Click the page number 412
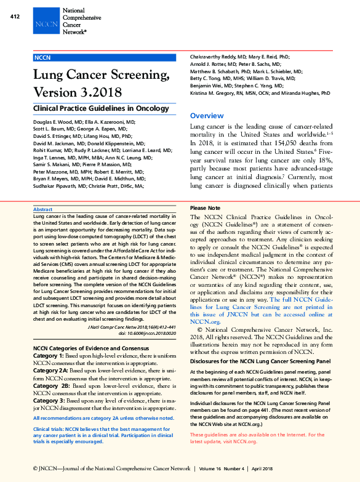click(15, 17)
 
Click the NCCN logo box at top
click(46, 25)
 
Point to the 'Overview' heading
click(207, 116)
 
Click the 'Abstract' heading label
click(42, 210)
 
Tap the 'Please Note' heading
click(205, 208)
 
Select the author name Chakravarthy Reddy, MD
click(218, 56)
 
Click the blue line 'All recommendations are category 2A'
click(103, 418)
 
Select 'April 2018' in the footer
click(263, 468)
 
